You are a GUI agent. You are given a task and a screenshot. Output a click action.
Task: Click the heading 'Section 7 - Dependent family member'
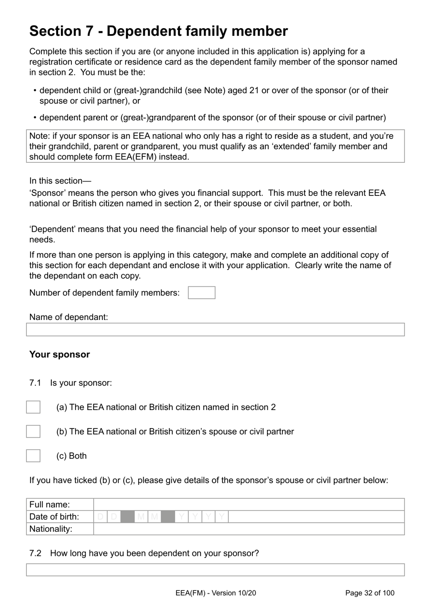pyautogui.click(x=158, y=31)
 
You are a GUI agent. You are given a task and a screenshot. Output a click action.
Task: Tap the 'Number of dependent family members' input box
pyautogui.click(x=201, y=293)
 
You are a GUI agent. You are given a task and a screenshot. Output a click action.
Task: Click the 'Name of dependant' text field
pyautogui.click(x=215, y=330)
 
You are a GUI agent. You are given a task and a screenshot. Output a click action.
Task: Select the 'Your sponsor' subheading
pyautogui.click(x=60, y=355)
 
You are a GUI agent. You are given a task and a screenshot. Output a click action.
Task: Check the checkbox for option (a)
pyautogui.click(x=33, y=407)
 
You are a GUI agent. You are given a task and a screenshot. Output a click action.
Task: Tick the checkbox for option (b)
pyautogui.click(x=33, y=431)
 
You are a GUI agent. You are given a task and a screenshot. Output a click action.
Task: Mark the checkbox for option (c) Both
pyautogui.click(x=33, y=456)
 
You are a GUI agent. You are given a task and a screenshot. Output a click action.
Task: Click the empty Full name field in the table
pyautogui.click(x=248, y=505)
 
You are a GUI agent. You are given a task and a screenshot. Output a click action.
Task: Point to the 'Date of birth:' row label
pyautogui.click(x=54, y=517)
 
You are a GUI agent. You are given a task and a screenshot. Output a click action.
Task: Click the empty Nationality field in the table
pyautogui.click(x=248, y=529)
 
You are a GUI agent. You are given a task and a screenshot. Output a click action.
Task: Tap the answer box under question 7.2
pyautogui.click(x=215, y=570)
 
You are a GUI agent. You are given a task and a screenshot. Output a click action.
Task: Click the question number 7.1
pyautogui.click(x=35, y=383)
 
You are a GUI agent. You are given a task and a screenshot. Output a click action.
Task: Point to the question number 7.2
pyautogui.click(x=35, y=554)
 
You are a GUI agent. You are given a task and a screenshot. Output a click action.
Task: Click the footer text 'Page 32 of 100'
pyautogui.click(x=370, y=593)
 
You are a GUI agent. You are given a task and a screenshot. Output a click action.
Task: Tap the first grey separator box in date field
pyautogui.click(x=128, y=517)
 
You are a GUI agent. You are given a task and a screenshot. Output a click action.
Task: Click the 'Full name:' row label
pyautogui.click(x=50, y=505)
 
